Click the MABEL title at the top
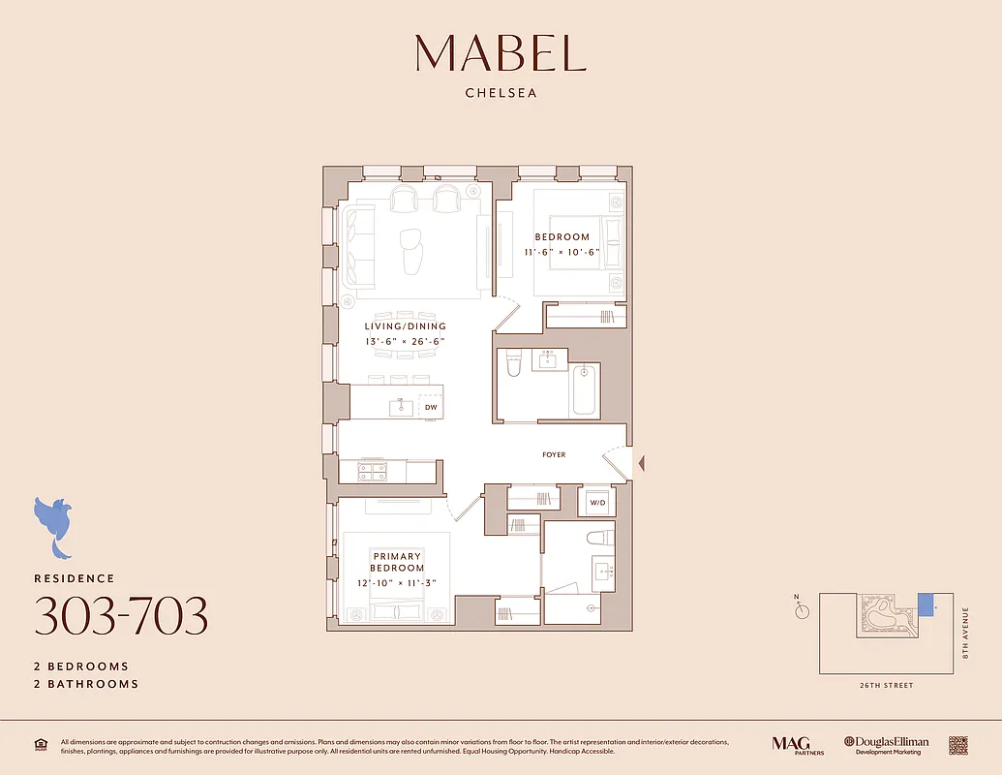(501, 53)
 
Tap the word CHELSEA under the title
(501, 94)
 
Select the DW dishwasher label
(431, 408)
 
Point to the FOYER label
(554, 454)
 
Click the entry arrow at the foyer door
(639, 466)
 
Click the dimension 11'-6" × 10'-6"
(562, 252)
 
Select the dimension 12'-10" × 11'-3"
(397, 582)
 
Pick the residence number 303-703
(121, 615)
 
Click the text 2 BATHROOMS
(86, 684)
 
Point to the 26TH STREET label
(885, 686)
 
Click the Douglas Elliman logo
(886, 745)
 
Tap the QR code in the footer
(958, 744)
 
